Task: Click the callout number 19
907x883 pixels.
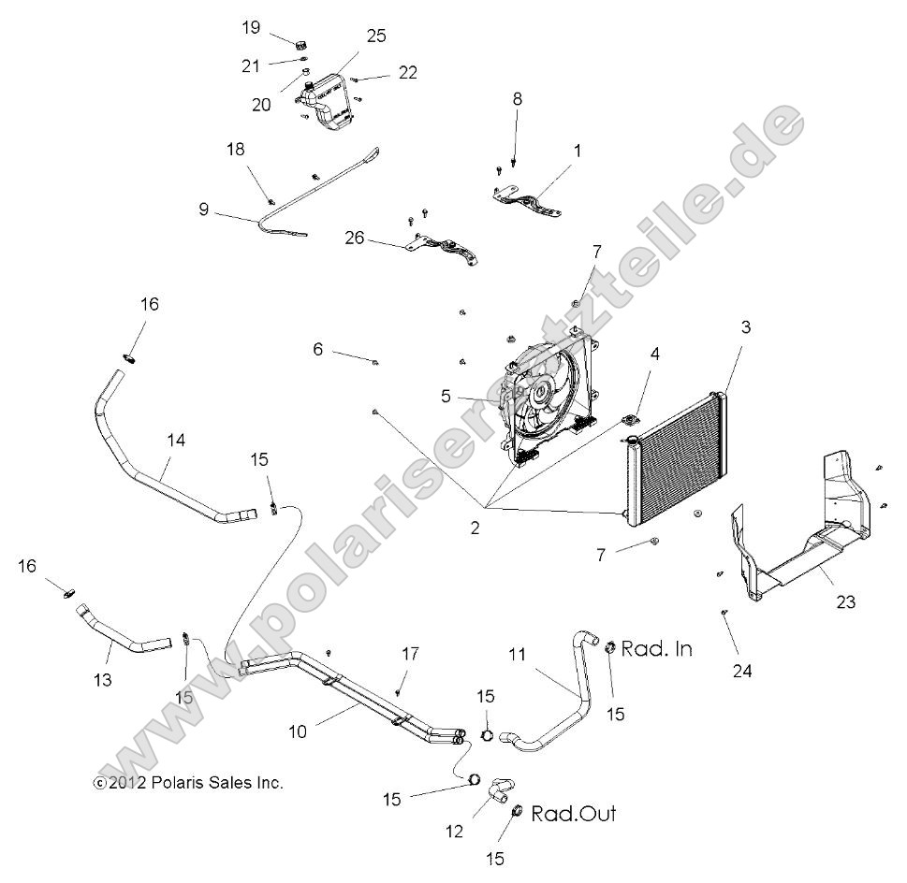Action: click(x=251, y=27)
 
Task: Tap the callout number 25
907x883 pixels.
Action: click(x=376, y=36)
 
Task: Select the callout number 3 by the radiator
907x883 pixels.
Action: click(x=745, y=327)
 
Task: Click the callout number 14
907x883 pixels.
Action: click(x=176, y=439)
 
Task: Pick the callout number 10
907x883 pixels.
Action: click(x=298, y=731)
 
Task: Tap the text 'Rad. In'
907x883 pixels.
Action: click(x=657, y=648)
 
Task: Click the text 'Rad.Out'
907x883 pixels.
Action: click(x=574, y=814)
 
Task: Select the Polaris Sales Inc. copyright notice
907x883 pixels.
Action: click(x=188, y=783)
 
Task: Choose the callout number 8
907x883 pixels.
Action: click(x=518, y=98)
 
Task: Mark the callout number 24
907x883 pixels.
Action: click(x=743, y=671)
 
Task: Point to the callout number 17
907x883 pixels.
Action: click(x=408, y=654)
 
